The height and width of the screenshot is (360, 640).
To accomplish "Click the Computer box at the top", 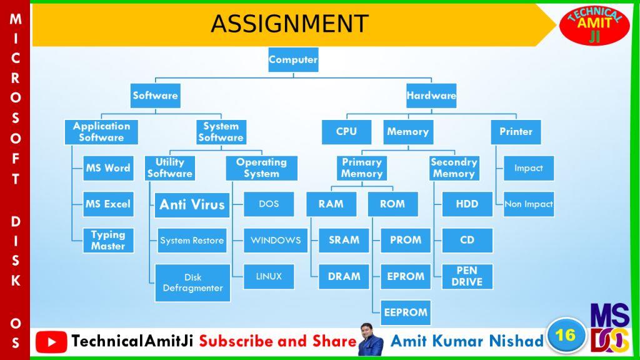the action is click(293, 59).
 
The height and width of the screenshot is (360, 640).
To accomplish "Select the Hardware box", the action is click(431, 96).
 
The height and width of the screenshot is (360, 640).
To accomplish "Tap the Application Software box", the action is click(101, 132).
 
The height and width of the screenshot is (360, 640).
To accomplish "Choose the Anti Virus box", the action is click(192, 205).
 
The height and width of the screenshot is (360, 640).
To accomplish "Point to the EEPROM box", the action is click(405, 312).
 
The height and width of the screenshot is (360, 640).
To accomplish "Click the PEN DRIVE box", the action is click(467, 276).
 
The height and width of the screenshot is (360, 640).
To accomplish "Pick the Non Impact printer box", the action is click(529, 204).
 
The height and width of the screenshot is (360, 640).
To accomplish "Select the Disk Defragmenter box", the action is click(192, 283).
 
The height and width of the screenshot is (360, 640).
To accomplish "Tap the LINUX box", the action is click(269, 276).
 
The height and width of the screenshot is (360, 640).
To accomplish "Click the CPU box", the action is click(346, 132).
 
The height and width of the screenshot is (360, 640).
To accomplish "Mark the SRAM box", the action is click(344, 241).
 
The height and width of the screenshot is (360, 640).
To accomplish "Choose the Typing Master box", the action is click(108, 241).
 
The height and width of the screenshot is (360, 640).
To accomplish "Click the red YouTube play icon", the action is click(51, 342).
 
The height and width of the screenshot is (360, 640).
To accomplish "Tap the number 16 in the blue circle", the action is click(565, 336).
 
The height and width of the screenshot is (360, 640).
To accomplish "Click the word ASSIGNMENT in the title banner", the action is click(290, 24).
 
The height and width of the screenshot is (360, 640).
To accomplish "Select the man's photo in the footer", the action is click(371, 339).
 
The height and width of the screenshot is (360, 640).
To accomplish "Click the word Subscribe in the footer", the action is click(236, 341).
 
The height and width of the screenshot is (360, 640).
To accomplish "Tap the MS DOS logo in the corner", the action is click(610, 327).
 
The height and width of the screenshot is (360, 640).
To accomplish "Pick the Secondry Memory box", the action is click(454, 168).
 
